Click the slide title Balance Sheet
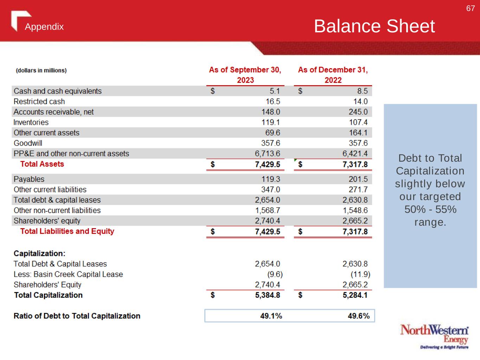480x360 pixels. [x=374, y=26]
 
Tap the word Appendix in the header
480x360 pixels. [x=44, y=27]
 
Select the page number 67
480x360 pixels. [x=470, y=8]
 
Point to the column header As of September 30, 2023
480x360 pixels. [x=245, y=75]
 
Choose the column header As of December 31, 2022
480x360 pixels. [x=333, y=75]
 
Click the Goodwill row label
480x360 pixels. [x=28, y=143]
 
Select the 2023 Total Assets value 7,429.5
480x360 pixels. [x=267, y=164]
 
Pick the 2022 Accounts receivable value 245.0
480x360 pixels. [x=358, y=112]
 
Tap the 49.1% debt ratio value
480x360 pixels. [x=271, y=316]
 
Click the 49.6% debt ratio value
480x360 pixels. [x=359, y=316]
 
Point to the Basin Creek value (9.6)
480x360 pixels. [x=275, y=274]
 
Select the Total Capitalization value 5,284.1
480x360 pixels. [x=355, y=295]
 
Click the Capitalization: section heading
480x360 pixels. [x=39, y=253]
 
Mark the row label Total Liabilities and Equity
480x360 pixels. [x=67, y=231]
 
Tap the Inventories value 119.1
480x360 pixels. [x=270, y=122]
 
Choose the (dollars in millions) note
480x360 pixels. [x=41, y=70]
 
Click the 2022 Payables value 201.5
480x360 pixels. [x=358, y=179]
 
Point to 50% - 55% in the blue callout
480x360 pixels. [x=430, y=210]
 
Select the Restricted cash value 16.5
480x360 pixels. [x=273, y=102]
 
